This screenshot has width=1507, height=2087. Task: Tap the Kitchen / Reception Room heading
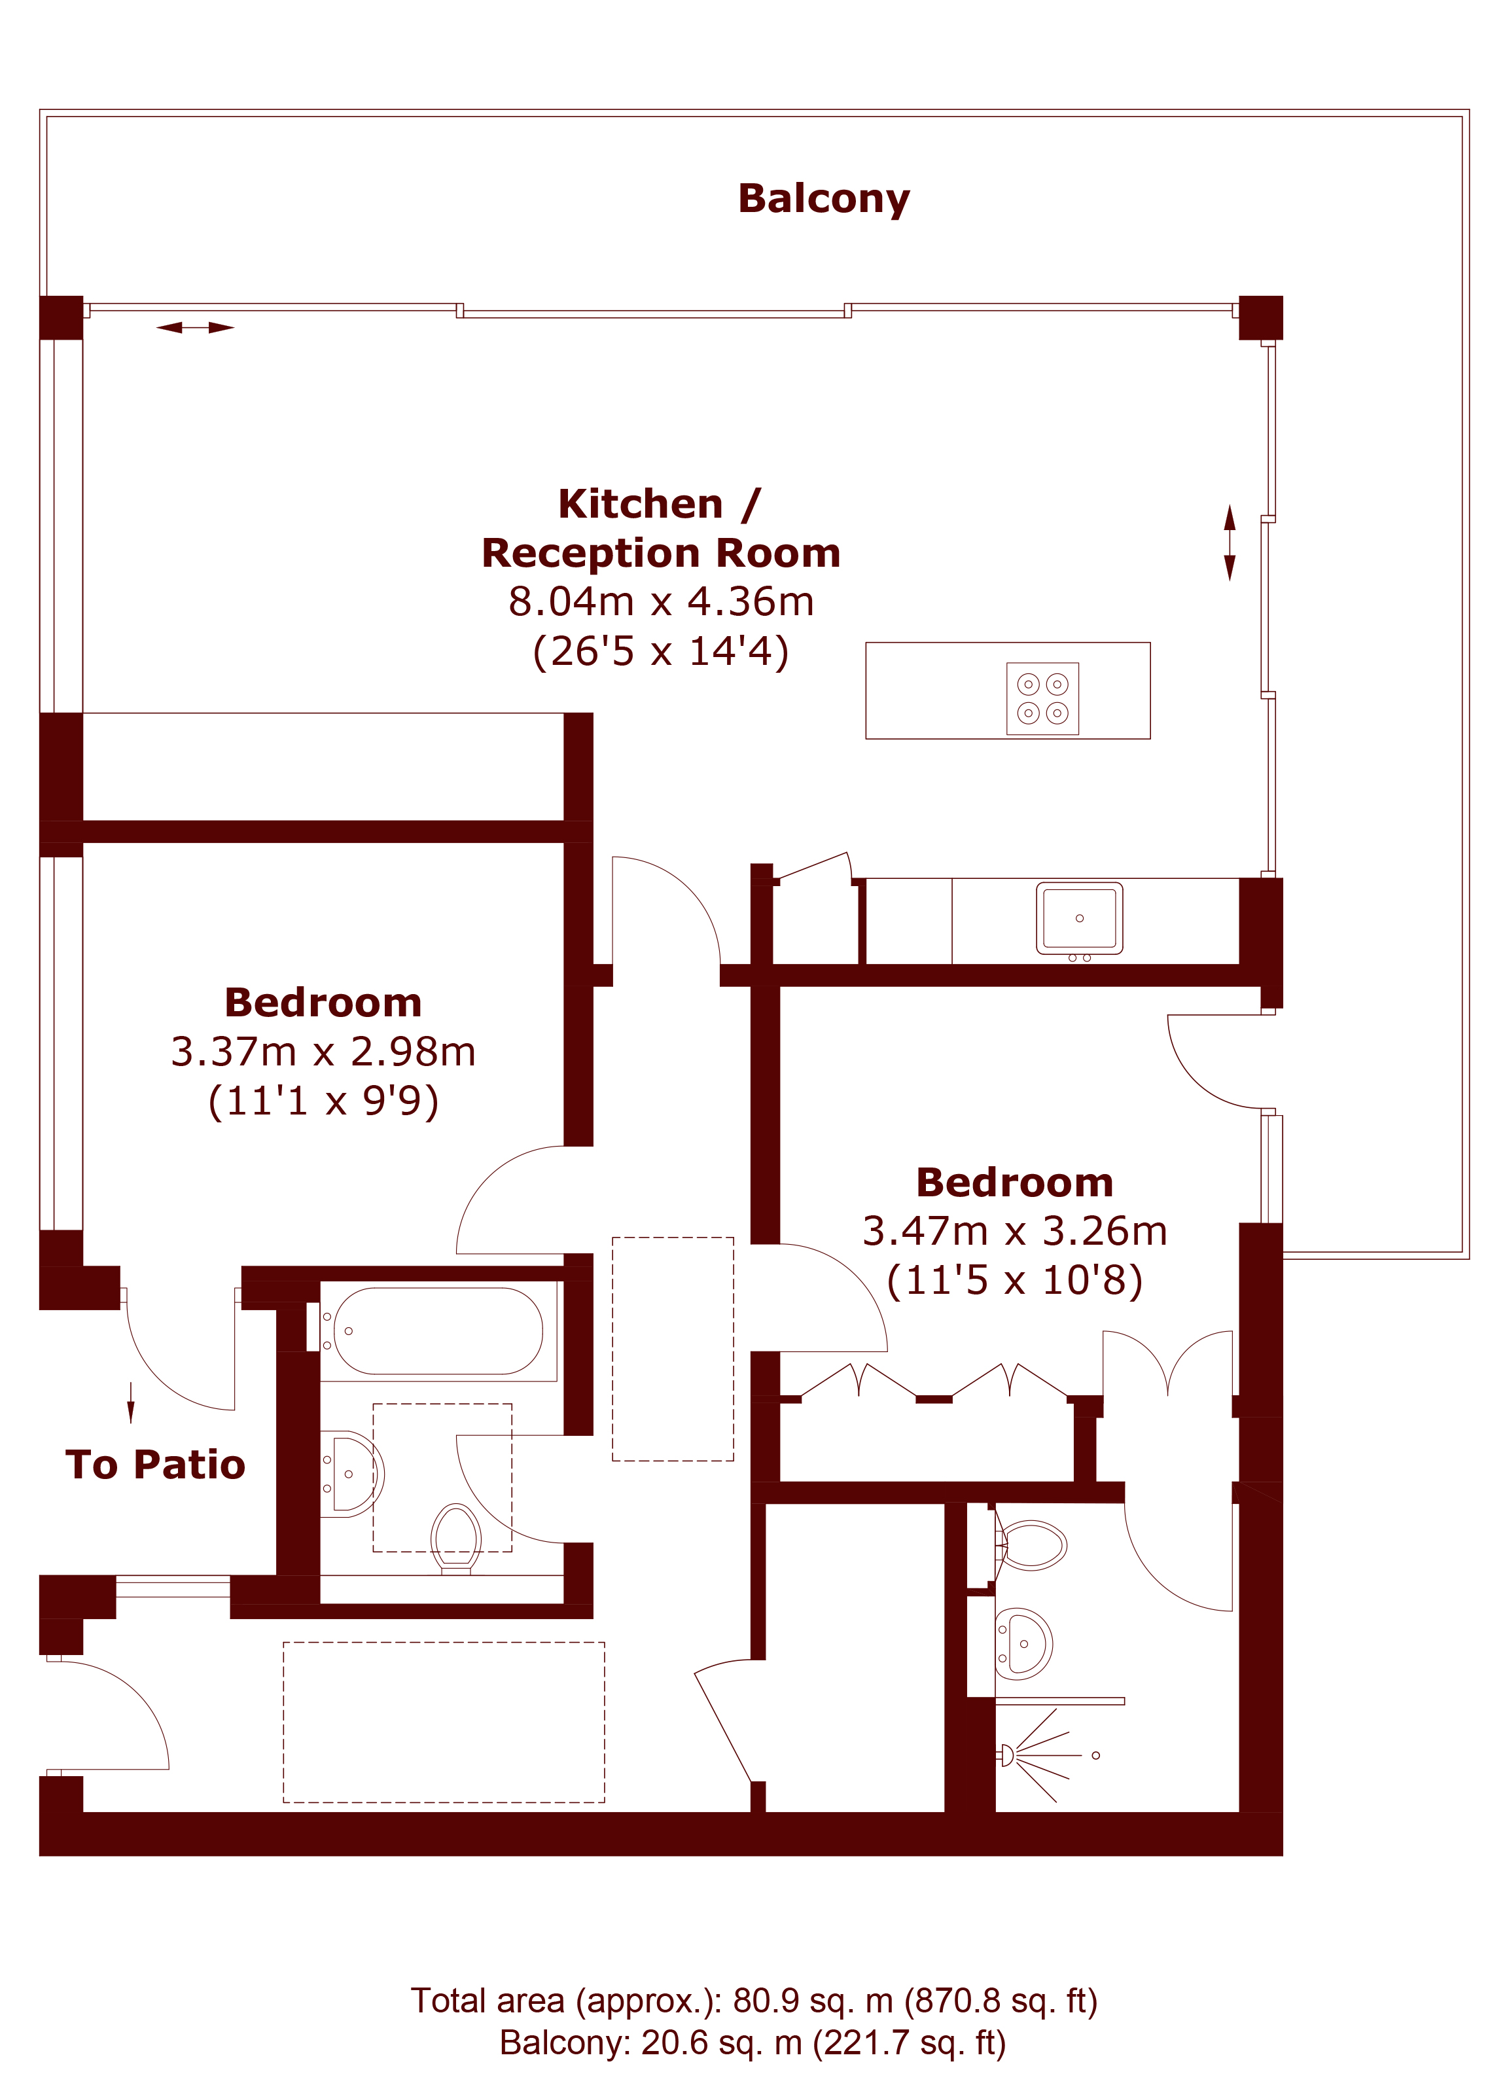pos(660,528)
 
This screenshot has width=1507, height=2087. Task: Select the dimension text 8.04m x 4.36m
pos(660,602)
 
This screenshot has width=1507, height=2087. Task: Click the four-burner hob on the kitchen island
pos(1042,698)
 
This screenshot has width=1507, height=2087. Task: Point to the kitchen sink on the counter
pos(1079,918)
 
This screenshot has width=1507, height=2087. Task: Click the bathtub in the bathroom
pos(438,1330)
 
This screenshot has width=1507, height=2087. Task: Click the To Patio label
pos(156,1465)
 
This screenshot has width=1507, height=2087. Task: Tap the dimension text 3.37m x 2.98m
pos(323,1052)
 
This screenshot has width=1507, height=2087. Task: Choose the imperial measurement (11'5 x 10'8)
pos(1015,1280)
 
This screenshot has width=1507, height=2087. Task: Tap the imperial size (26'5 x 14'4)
pos(660,652)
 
